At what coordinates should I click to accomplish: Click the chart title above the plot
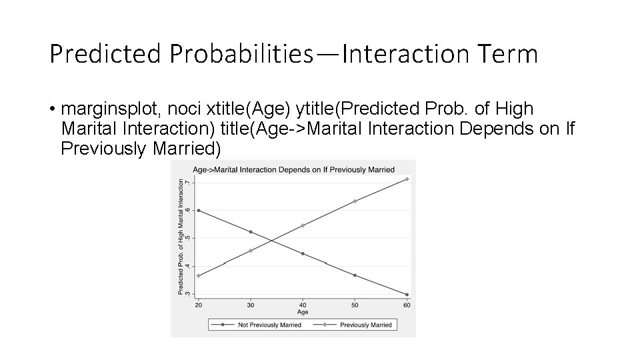[x=293, y=169]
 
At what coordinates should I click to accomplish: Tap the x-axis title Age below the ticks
[x=303, y=312]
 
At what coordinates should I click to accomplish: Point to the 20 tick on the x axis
[x=198, y=305]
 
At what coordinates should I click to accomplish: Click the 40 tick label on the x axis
[x=303, y=305]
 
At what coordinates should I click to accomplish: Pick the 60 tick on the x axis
[x=407, y=305]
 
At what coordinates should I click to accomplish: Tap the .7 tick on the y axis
[x=188, y=183]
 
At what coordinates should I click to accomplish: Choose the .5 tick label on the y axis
[x=188, y=238]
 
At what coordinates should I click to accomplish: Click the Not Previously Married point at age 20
[x=199, y=211]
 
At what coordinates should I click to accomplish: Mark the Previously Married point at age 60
[x=407, y=179]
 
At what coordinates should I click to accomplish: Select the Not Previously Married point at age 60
[x=407, y=295]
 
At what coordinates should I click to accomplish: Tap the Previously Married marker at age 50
[x=355, y=201]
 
